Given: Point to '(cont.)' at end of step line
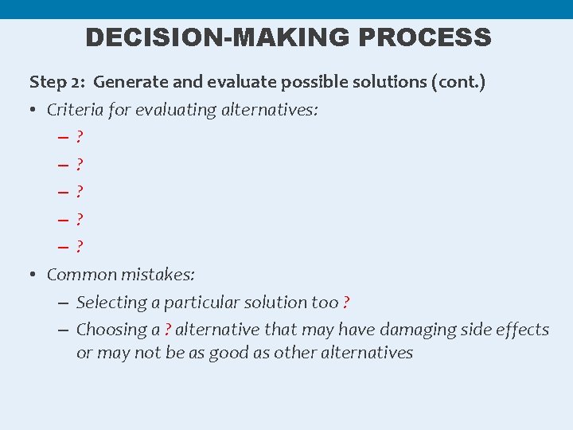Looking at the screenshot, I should pos(459,82).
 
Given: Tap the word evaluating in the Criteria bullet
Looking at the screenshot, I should pos(174,110).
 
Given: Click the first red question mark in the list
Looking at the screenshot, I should pos(80,137).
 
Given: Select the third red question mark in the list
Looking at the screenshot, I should pos(80,192).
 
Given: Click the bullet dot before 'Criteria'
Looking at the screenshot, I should pos(34,110).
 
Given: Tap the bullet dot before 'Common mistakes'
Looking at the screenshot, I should pos(34,275).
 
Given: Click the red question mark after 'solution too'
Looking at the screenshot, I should pos(346,303).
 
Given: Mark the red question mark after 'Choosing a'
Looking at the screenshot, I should pos(167,330).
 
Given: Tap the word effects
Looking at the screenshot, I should pos(523,330).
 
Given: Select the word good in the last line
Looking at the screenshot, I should pos(228,353).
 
